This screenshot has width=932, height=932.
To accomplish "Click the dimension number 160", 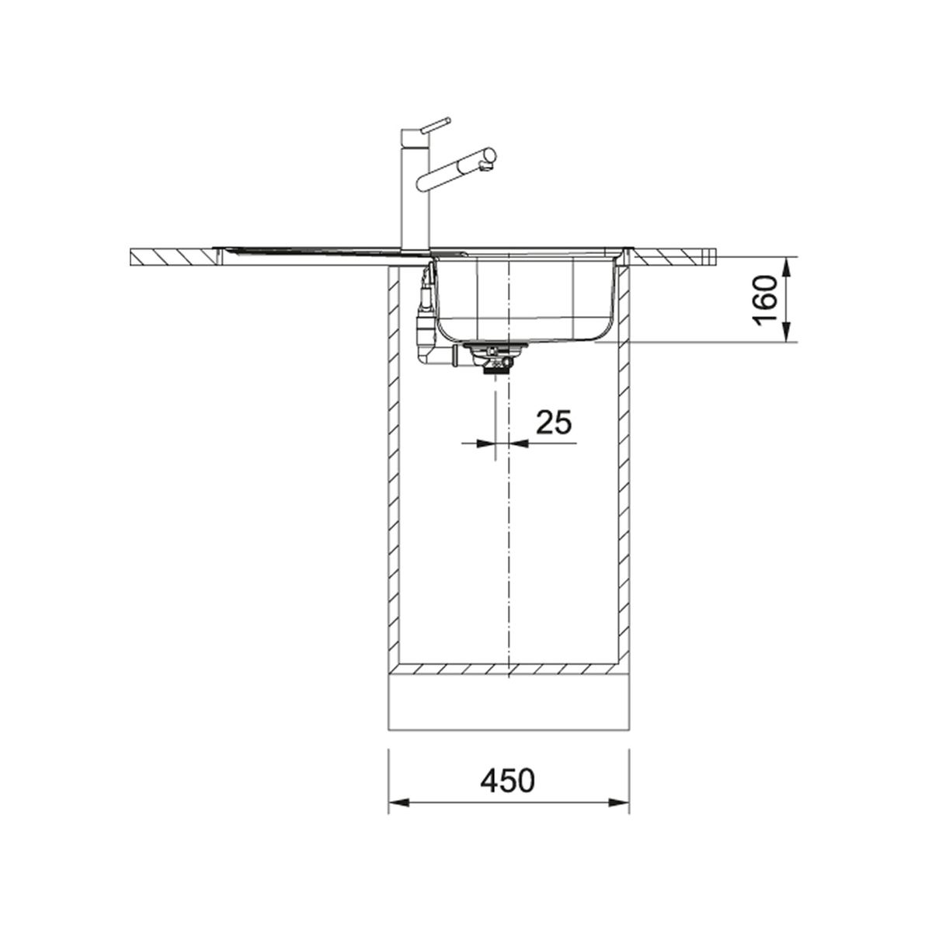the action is point(765,301).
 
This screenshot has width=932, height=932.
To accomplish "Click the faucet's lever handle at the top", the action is point(435,125).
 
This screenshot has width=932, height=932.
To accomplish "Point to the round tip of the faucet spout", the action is point(489,156).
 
